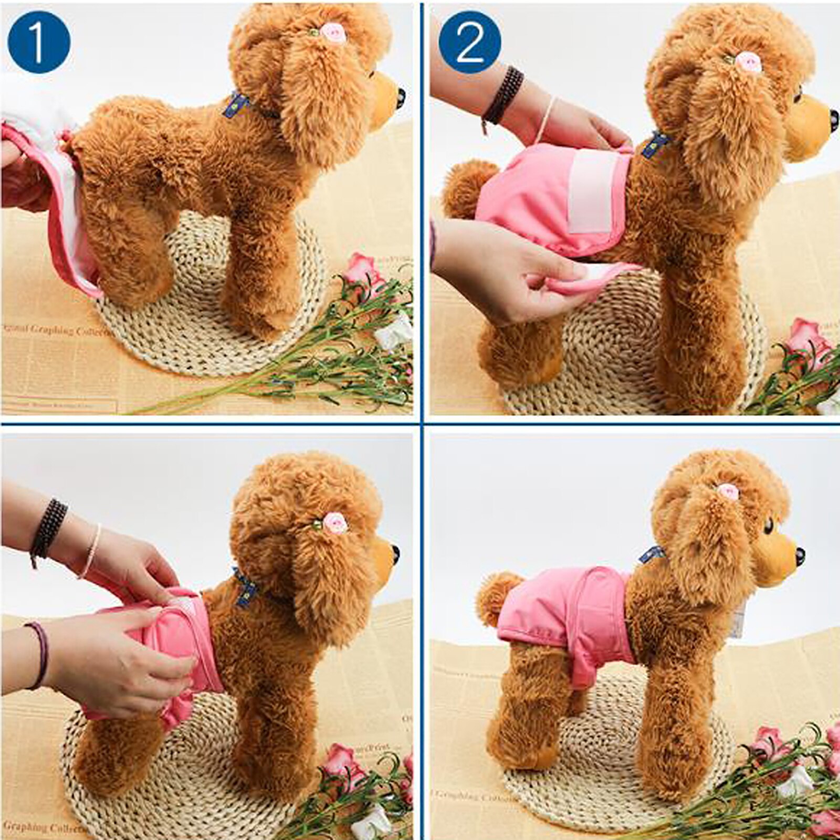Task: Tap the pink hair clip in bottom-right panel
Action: click(x=728, y=492)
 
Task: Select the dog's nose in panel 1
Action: click(x=401, y=95)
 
